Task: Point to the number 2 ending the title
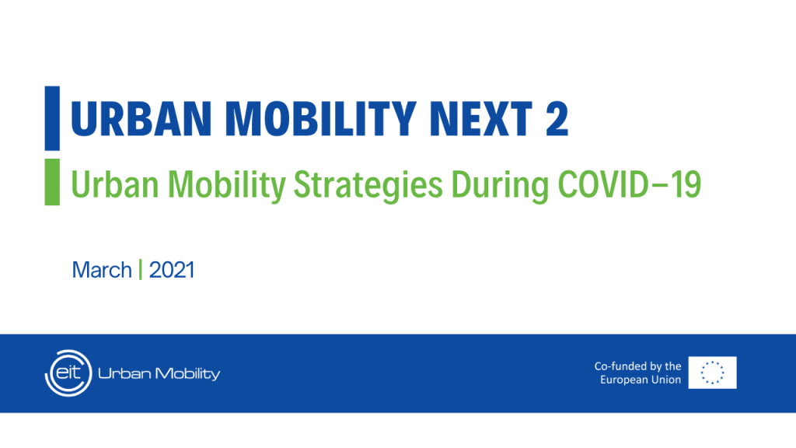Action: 555,118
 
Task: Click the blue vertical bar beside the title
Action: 52,118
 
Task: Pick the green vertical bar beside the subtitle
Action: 52,182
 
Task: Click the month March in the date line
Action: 102,271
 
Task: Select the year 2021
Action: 171,271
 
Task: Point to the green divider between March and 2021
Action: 140,271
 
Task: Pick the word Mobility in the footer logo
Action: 186,374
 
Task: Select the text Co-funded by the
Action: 637,366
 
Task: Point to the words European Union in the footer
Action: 641,380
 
